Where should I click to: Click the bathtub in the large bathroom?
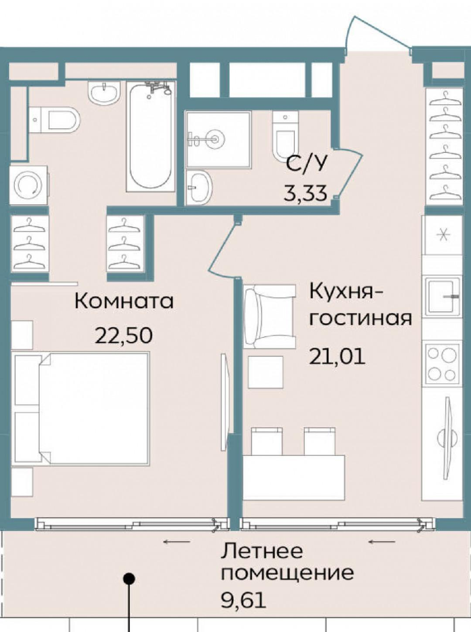[x=150, y=137]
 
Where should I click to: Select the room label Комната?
[x=124, y=301]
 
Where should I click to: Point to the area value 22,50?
[x=124, y=336]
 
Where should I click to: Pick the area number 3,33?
[x=305, y=192]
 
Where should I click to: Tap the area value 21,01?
[x=337, y=357]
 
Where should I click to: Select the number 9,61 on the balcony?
[x=243, y=601]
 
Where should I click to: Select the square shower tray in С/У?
[x=218, y=139]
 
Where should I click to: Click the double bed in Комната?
[x=83, y=408]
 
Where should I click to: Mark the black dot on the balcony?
[x=129, y=579]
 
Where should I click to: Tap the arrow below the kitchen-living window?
[x=382, y=542]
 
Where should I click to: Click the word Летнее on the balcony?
[x=262, y=551]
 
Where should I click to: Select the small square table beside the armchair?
[x=266, y=372]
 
